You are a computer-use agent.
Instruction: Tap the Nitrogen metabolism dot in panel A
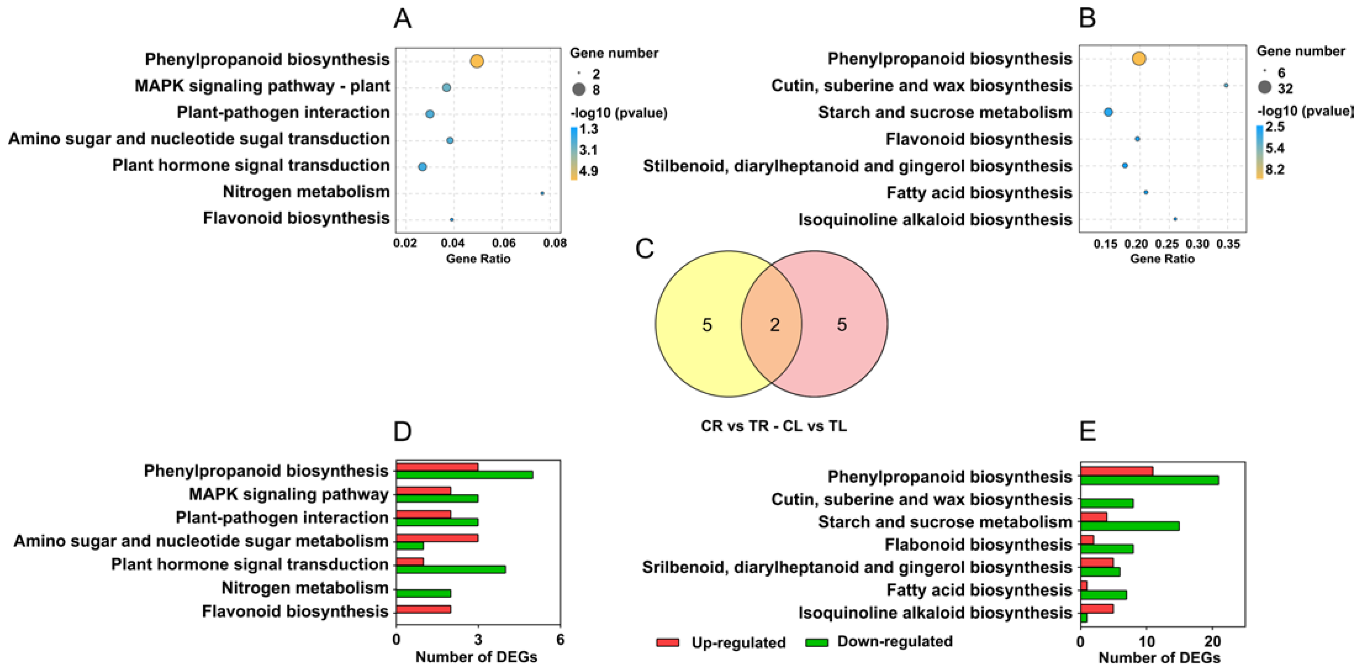(x=542, y=193)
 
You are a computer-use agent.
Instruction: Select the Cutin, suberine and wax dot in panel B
(x=1226, y=85)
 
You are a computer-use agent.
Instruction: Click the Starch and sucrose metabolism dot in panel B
(x=1108, y=112)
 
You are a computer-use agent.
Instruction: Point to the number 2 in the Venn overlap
(x=775, y=324)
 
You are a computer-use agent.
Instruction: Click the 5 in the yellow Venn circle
(x=707, y=324)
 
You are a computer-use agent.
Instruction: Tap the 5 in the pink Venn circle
(x=842, y=324)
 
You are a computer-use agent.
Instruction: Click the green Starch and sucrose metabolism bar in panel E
(x=1130, y=526)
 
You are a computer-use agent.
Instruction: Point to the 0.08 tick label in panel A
(x=555, y=243)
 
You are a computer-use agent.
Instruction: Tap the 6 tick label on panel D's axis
(x=560, y=640)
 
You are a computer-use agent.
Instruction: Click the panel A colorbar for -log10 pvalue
(x=574, y=153)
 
